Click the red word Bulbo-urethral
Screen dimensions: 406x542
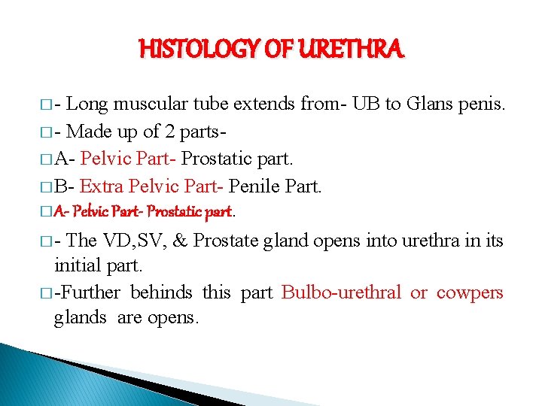click(x=341, y=292)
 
